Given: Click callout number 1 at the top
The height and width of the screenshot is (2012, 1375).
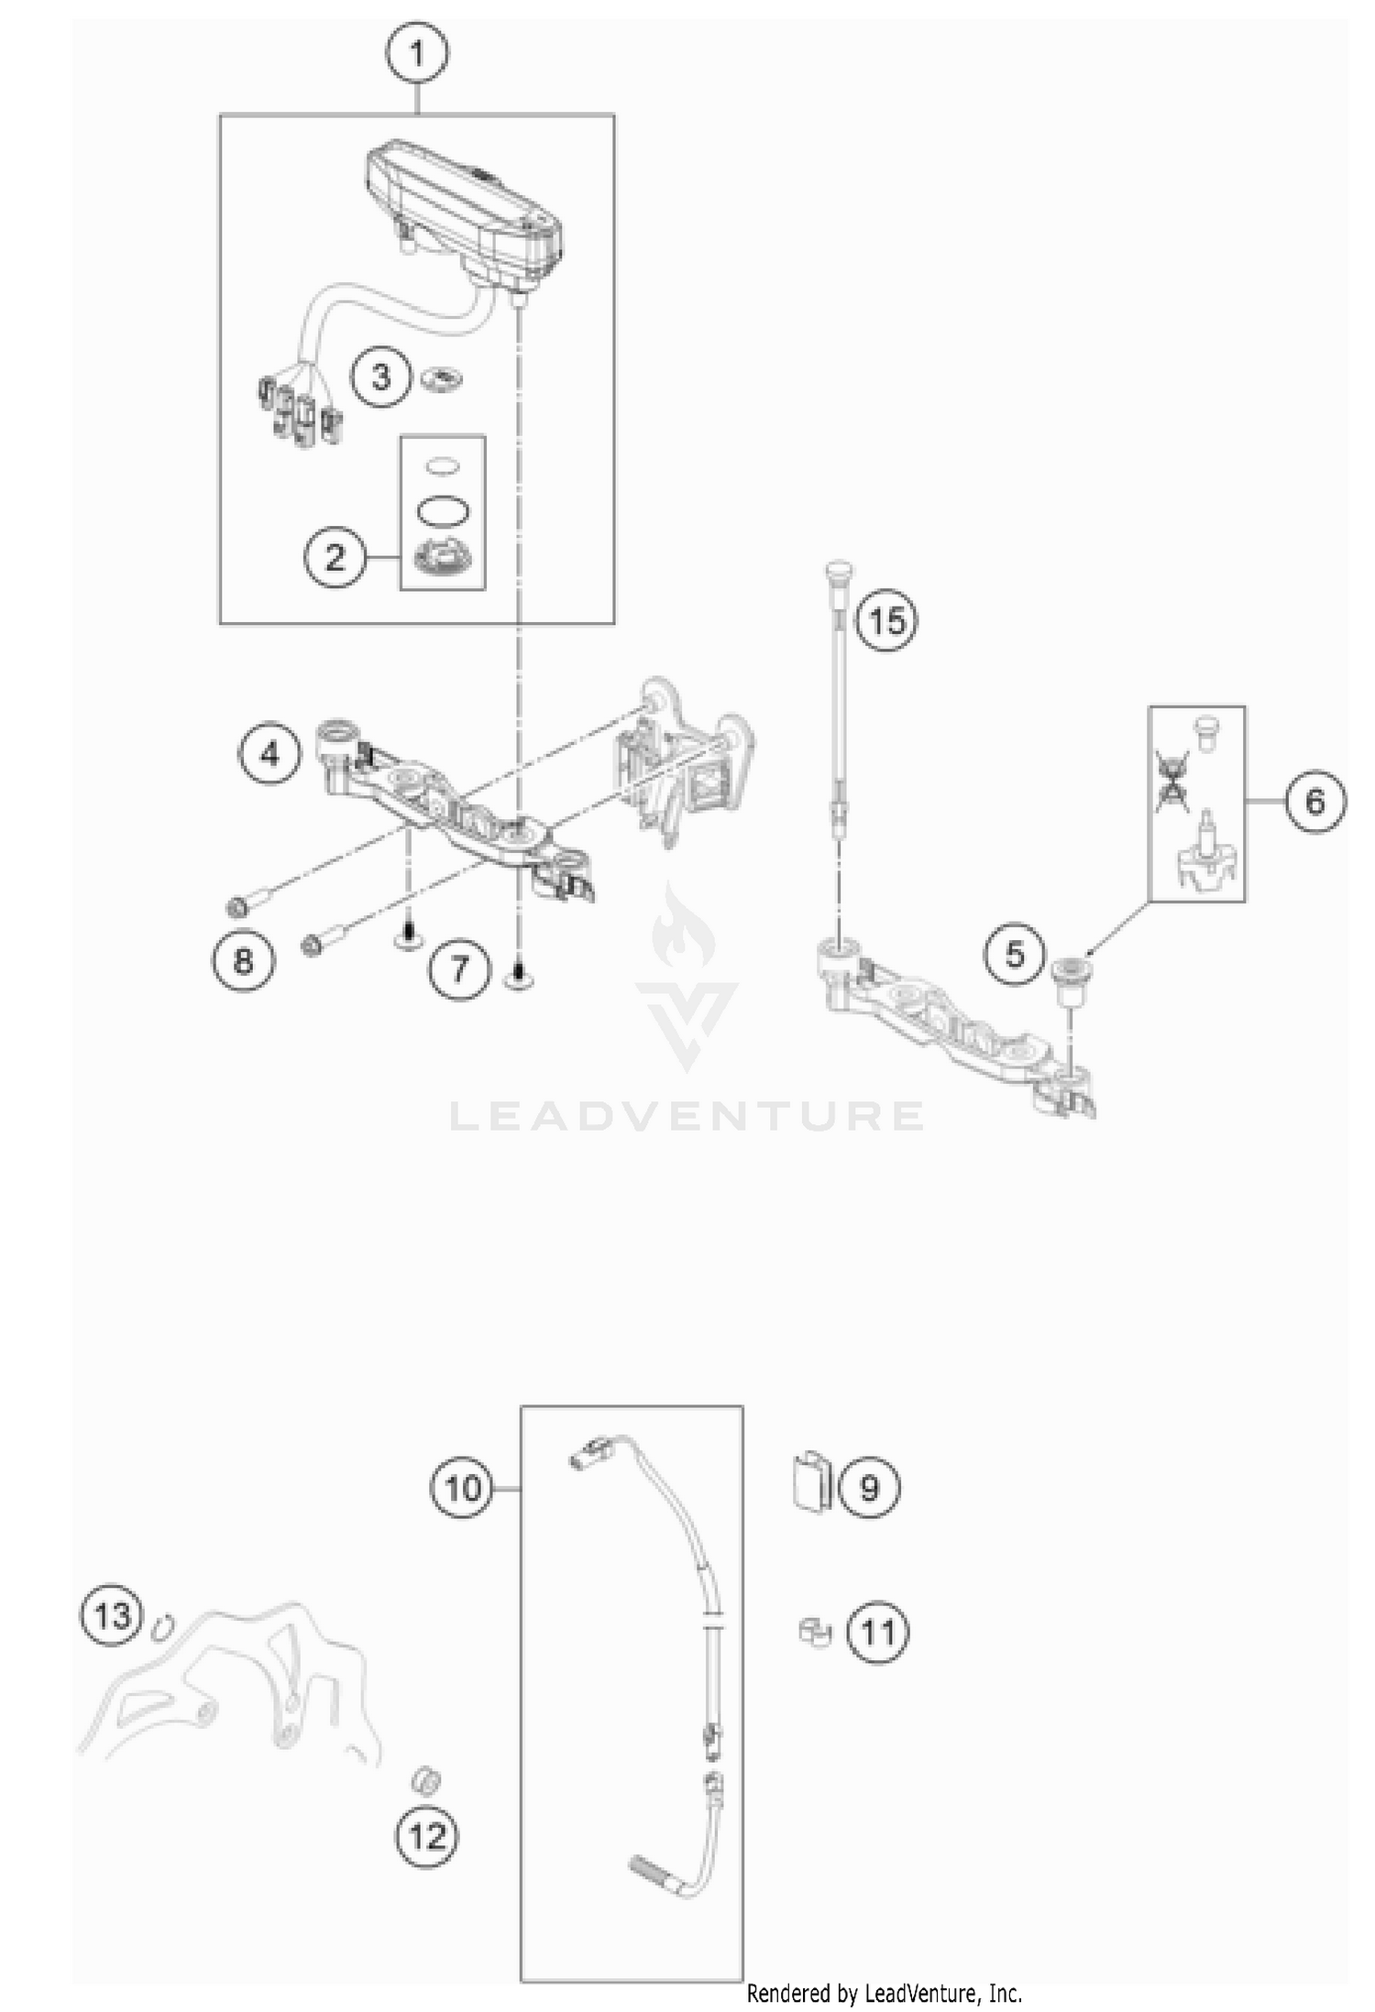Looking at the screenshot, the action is click(417, 54).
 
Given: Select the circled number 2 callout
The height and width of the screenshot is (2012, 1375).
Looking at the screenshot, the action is click(335, 556).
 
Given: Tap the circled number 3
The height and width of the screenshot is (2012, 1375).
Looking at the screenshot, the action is click(381, 377).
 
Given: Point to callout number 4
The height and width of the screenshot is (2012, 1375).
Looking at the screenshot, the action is click(269, 754).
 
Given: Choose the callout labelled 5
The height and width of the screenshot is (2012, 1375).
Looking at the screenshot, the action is click(1015, 954).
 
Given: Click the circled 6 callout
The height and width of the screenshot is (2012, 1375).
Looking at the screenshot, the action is click(1314, 801).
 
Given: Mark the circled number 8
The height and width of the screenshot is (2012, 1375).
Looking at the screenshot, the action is click(243, 960).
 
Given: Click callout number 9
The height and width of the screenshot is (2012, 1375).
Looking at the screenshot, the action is click(868, 1487).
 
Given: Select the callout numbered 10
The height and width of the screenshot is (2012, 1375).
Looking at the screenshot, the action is click(462, 1487).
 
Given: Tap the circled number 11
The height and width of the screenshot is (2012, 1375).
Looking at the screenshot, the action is click(877, 1632).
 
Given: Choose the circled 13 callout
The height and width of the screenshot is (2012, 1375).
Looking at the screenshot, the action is click(112, 1615).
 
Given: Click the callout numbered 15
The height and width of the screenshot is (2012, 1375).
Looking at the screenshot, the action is click(886, 621).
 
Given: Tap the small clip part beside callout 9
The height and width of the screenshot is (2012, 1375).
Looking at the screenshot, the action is click(811, 1482).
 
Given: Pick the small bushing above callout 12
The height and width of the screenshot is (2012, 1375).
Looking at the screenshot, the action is click(426, 1781).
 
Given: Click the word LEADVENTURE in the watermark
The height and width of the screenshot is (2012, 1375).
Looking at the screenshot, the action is click(687, 1116).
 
